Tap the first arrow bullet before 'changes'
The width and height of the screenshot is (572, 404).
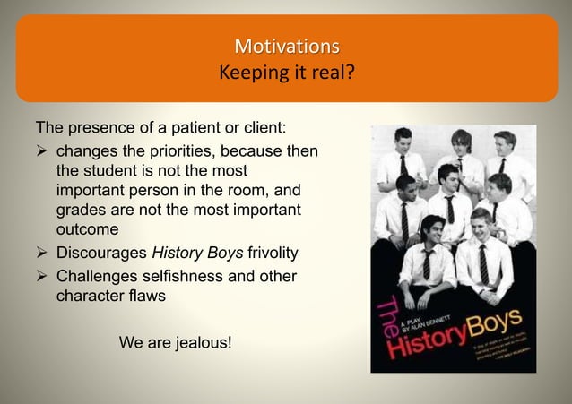click(41, 151)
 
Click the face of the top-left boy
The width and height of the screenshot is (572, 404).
click(403, 142)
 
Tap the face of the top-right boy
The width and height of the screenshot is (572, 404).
click(505, 143)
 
